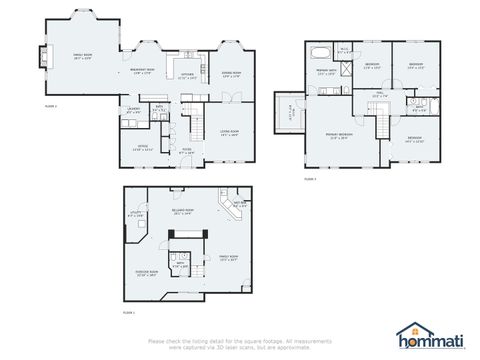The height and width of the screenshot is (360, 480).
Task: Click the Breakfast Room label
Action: coord(142,72)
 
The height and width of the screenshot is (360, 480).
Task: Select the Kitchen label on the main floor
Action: coord(187,75)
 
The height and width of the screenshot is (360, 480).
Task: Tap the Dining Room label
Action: coord(231,73)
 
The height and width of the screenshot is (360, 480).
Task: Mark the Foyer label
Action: coord(186,151)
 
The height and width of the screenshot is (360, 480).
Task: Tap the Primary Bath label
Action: coord(326,73)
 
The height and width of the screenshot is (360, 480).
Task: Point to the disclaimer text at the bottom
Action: coord(240,343)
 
